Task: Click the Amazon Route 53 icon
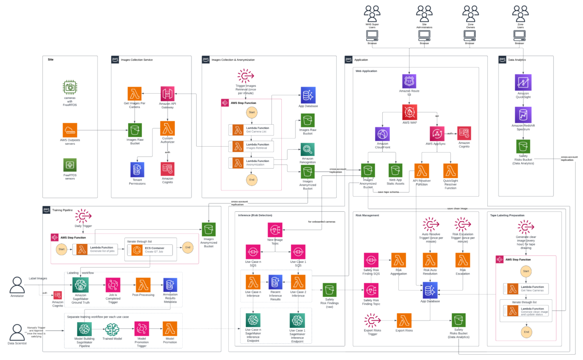coord(409,81)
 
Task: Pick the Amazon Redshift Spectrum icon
coord(523,115)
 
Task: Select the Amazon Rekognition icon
coord(308,149)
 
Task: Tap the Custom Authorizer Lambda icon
coord(167,128)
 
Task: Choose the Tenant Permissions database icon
coord(138,169)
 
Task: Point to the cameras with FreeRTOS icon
coord(69,87)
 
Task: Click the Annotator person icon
coord(17,284)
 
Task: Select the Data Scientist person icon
coord(17,331)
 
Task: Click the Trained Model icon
coord(111,329)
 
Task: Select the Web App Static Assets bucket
coord(395,170)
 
